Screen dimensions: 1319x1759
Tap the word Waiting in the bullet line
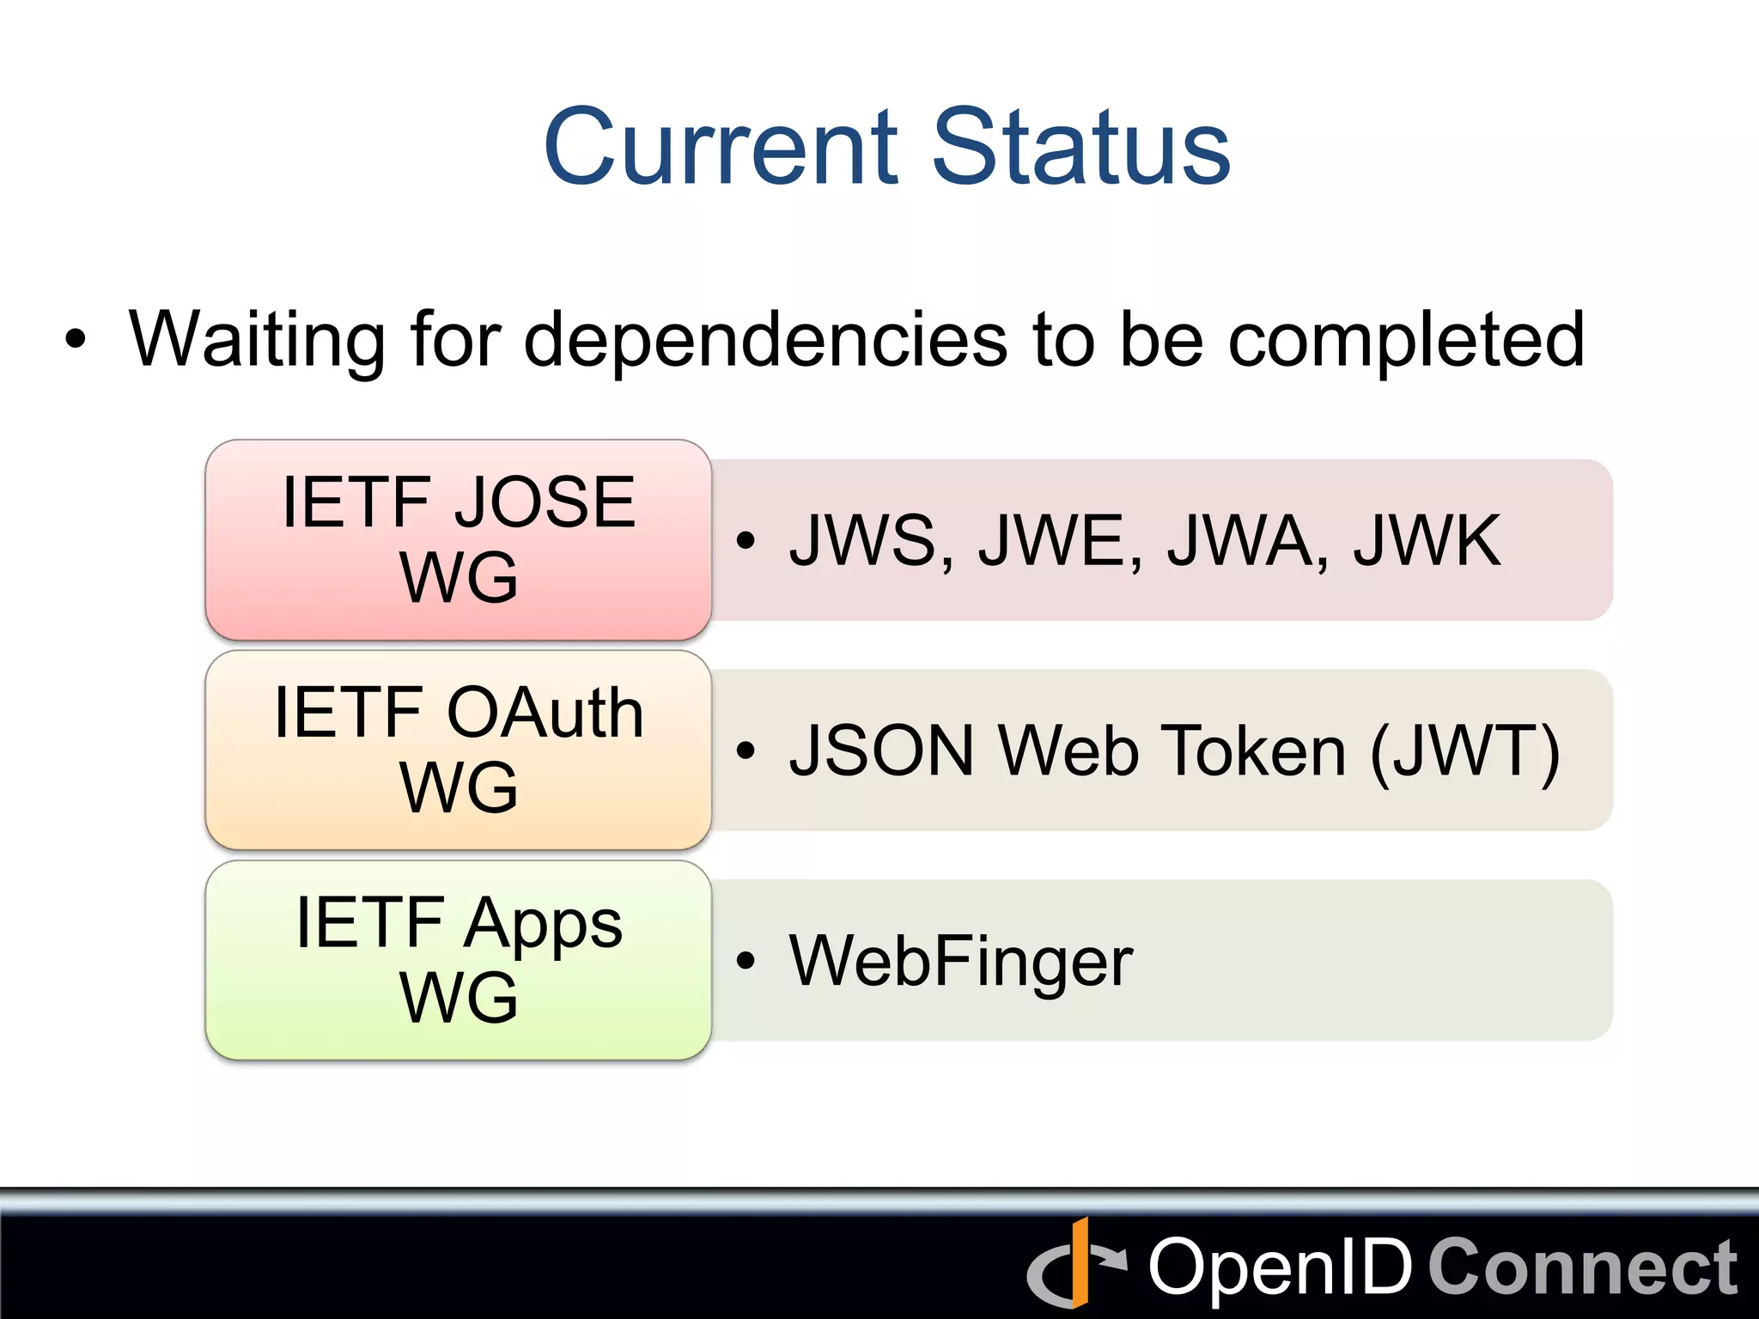256,339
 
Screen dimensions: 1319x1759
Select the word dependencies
764,339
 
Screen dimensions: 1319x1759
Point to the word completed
1406,341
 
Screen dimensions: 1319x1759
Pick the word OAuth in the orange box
545,713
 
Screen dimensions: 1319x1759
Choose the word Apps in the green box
545,924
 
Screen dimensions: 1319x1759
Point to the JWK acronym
1427,541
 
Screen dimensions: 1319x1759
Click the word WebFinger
961,962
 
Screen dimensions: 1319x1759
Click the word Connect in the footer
1582,1267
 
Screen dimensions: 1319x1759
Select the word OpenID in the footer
1280,1267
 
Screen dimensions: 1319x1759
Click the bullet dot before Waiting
76,339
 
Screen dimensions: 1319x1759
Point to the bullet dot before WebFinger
746,961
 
